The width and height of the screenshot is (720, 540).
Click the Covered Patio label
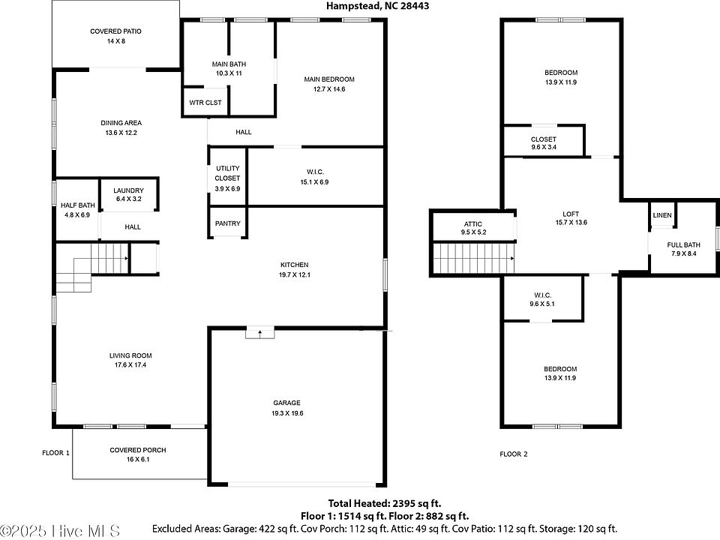click(x=115, y=31)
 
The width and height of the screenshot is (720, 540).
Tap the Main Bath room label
click(x=230, y=64)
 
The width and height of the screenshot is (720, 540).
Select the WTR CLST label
click(x=205, y=103)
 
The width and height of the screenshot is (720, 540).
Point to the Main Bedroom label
click(x=328, y=79)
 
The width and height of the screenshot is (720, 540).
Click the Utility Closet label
click(x=227, y=173)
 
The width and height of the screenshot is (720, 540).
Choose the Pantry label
click(x=227, y=223)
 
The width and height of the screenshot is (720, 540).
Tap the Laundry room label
click(x=128, y=190)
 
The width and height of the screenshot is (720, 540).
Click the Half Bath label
click(x=78, y=205)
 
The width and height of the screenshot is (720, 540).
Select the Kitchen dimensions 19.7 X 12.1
click(x=294, y=275)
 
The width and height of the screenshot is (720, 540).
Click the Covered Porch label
click(x=137, y=450)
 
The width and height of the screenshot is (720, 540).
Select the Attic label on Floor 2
click(x=472, y=224)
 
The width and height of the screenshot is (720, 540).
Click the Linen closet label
click(x=662, y=216)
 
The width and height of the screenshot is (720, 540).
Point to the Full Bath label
click(x=683, y=245)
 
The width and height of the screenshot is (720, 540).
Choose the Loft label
click(x=571, y=213)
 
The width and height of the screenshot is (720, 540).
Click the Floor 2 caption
click(x=514, y=454)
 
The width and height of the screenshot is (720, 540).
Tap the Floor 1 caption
click(x=55, y=453)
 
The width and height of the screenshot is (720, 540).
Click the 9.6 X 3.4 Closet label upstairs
click(x=543, y=139)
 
